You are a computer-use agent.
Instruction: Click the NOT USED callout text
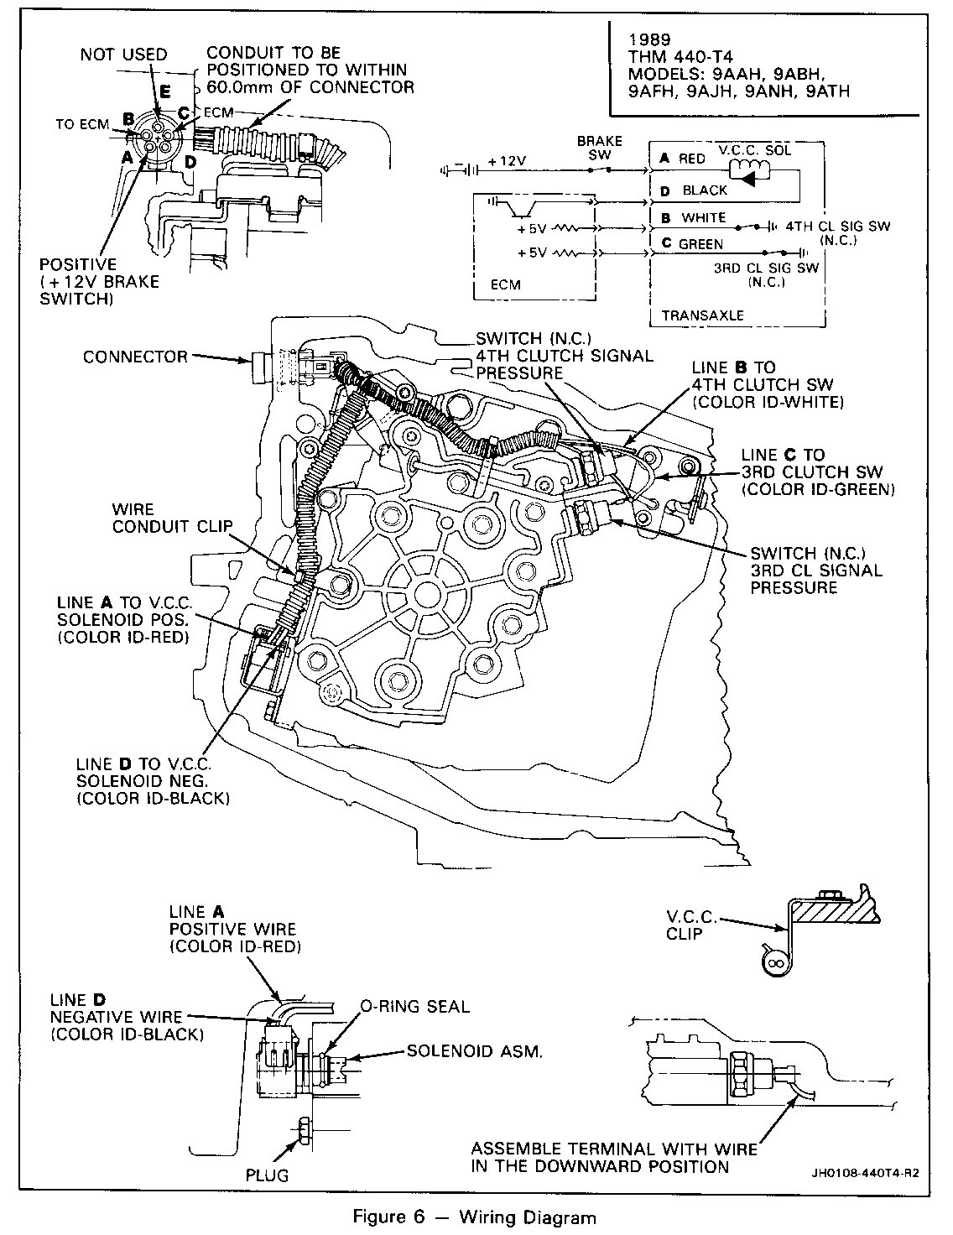point(123,55)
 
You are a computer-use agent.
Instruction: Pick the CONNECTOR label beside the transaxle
point(135,357)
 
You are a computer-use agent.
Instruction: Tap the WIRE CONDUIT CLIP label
point(172,518)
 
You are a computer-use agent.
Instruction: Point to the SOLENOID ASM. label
point(475,1051)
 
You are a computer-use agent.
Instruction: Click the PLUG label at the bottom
point(267,1175)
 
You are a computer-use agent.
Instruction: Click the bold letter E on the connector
point(164,91)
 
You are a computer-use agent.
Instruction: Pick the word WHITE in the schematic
point(704,217)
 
